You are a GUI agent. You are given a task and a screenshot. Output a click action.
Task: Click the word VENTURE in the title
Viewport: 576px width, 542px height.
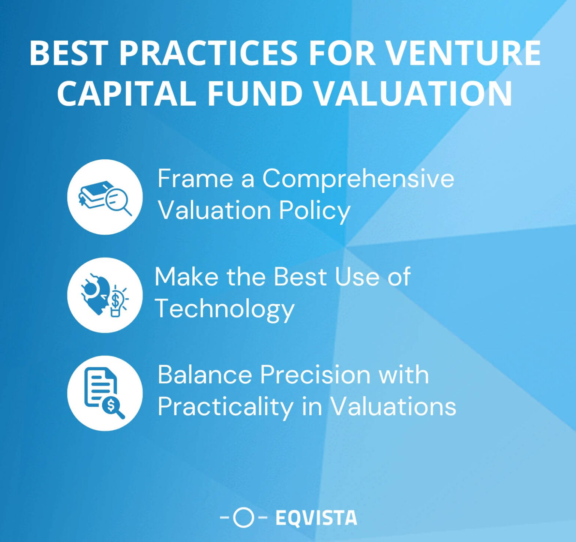tap(463, 53)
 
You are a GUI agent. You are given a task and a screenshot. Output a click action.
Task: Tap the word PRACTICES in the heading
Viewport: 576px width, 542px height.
tap(208, 53)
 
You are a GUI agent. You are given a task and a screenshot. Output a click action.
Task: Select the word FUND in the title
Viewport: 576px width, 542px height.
tap(255, 93)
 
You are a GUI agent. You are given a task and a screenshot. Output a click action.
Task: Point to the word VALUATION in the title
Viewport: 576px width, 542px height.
tap(412, 93)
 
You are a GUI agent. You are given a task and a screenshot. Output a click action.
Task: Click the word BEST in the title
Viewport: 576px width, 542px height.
tap(69, 53)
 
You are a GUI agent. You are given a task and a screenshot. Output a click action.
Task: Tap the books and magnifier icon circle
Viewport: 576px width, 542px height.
tap(105, 197)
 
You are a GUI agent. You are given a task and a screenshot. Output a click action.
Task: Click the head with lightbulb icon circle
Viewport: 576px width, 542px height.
tap(105, 295)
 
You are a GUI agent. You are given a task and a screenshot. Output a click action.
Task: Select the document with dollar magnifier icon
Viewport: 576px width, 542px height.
tap(105, 393)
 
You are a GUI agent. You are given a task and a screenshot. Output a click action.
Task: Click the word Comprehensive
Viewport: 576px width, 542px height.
tap(358, 179)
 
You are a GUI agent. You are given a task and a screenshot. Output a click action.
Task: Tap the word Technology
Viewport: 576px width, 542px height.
tap(225, 309)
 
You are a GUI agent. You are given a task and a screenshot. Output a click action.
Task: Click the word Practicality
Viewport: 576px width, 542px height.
tap(225, 407)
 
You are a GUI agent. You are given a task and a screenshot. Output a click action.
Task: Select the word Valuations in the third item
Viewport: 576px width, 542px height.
tap(393, 406)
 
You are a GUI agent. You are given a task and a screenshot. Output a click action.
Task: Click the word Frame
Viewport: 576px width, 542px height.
tap(195, 179)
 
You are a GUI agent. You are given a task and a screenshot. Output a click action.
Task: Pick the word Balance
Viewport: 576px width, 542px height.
tap(205, 374)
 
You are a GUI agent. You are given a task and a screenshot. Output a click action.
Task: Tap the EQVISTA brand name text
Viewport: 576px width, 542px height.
tap(316, 518)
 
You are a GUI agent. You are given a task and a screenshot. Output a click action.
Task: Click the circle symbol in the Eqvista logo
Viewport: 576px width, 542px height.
tap(243, 518)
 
